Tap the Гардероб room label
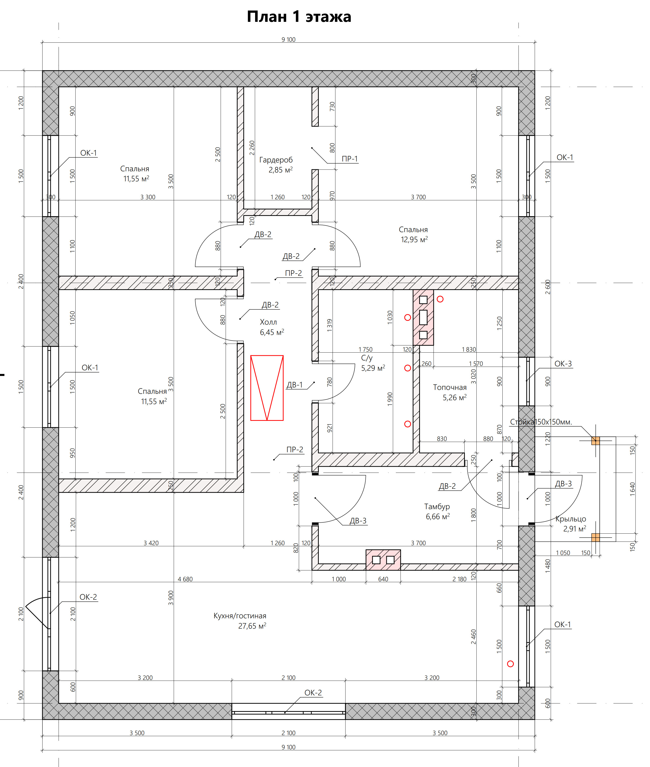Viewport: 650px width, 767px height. [x=276, y=160]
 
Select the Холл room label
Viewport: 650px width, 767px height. [x=268, y=322]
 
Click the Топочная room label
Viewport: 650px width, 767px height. [x=450, y=387]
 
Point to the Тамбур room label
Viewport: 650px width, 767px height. [x=437, y=507]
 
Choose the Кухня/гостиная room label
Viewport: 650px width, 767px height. [x=240, y=616]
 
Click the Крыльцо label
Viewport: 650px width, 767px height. [x=571, y=519]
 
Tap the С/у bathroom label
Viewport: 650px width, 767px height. [x=367, y=358]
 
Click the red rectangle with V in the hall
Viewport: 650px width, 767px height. [x=267, y=388]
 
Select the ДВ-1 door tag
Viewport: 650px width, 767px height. [x=294, y=385]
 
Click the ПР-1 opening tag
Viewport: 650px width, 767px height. [x=350, y=159]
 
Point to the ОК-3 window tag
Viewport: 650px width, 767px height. [x=563, y=364]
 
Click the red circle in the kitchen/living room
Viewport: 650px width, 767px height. [x=510, y=664]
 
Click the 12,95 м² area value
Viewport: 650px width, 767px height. [x=414, y=240]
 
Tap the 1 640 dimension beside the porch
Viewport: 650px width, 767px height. [x=632, y=489]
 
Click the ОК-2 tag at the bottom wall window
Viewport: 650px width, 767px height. [x=313, y=693]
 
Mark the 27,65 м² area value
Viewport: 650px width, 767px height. [x=252, y=626]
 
